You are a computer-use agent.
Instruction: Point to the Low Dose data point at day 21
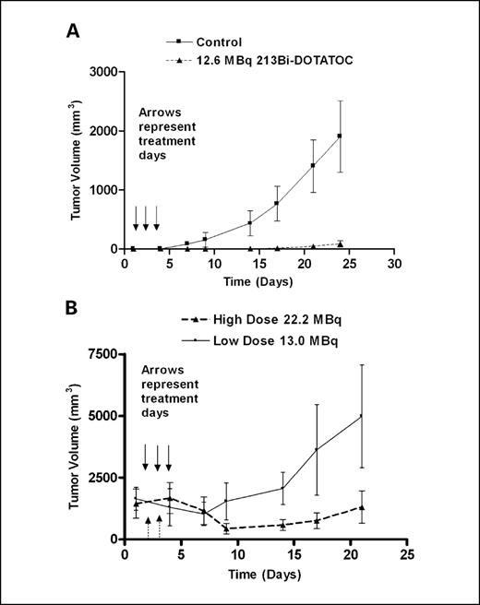[361, 416]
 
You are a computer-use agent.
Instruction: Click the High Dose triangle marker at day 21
[361, 506]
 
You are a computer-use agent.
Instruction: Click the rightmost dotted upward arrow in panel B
[159, 525]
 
